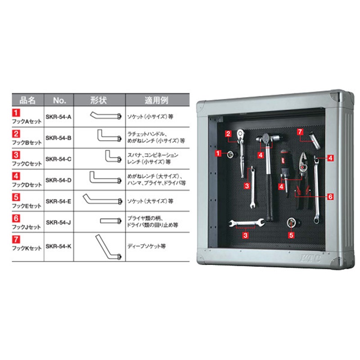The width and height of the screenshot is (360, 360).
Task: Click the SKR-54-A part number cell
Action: click(x=58, y=117)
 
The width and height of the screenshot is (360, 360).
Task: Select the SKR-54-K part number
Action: click(x=58, y=246)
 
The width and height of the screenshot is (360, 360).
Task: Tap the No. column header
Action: click(x=59, y=100)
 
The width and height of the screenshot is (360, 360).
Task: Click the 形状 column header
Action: click(x=99, y=100)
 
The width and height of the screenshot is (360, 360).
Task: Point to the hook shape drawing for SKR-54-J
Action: click(x=111, y=221)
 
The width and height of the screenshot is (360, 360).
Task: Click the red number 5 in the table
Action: click(x=16, y=197)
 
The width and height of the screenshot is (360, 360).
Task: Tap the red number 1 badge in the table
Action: click(x=16, y=113)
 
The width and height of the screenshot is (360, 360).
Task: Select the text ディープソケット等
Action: click(x=147, y=246)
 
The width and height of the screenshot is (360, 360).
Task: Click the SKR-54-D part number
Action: click(x=58, y=180)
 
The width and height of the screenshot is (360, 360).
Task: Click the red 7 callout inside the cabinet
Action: click(x=300, y=132)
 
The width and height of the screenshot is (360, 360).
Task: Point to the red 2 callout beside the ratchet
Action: click(x=228, y=134)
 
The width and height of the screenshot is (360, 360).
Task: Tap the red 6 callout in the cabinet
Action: click(x=330, y=197)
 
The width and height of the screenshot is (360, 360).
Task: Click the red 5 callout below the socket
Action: click(x=291, y=235)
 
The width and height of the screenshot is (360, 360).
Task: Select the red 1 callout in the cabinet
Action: click(x=218, y=153)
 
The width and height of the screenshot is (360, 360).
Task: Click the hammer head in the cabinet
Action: click(x=267, y=138)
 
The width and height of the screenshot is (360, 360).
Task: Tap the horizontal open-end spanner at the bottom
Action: click(x=247, y=222)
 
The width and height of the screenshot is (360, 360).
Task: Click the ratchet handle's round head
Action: click(x=240, y=133)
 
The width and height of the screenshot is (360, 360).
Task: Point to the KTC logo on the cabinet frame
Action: click(x=310, y=258)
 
